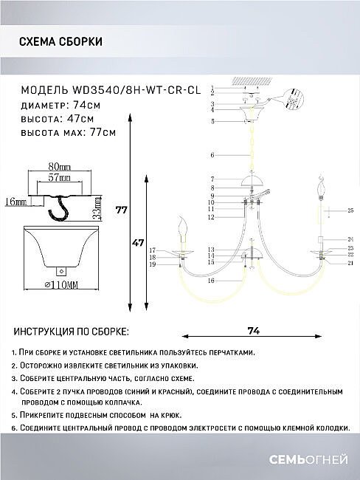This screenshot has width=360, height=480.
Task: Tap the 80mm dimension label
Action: [x=59, y=167]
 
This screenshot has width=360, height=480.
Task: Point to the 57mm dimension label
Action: [x=60, y=178]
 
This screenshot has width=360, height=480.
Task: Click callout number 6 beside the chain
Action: [x=212, y=155]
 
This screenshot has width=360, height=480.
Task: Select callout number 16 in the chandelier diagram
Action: [x=211, y=281]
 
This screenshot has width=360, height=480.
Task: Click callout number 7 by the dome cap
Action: [x=212, y=179]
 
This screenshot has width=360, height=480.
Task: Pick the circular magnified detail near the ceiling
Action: [x=297, y=100]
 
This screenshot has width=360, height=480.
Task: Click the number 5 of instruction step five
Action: [x=14, y=416]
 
